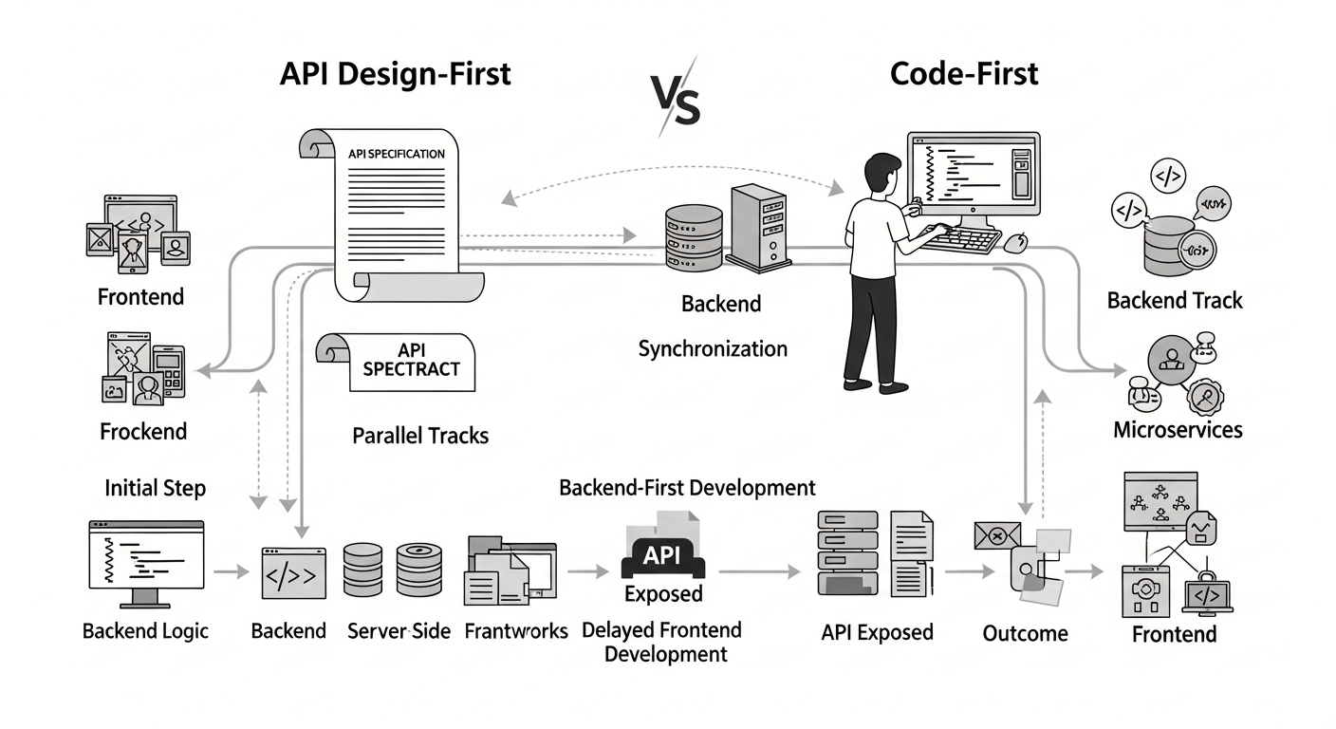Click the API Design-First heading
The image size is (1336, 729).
click(395, 74)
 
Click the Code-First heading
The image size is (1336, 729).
click(964, 74)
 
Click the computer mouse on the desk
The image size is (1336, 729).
click(1014, 243)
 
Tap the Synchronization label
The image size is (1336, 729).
click(712, 348)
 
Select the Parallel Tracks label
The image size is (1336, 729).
click(420, 436)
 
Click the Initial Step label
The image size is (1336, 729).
click(155, 488)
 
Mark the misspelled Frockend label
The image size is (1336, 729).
click(143, 431)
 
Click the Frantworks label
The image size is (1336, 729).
click(516, 631)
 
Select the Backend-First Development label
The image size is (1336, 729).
click(687, 488)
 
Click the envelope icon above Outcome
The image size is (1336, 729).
click(996, 535)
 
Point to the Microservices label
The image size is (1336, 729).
click(1178, 430)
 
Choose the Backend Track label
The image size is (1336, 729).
click(1175, 301)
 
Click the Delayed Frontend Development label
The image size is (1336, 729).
click(661, 642)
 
